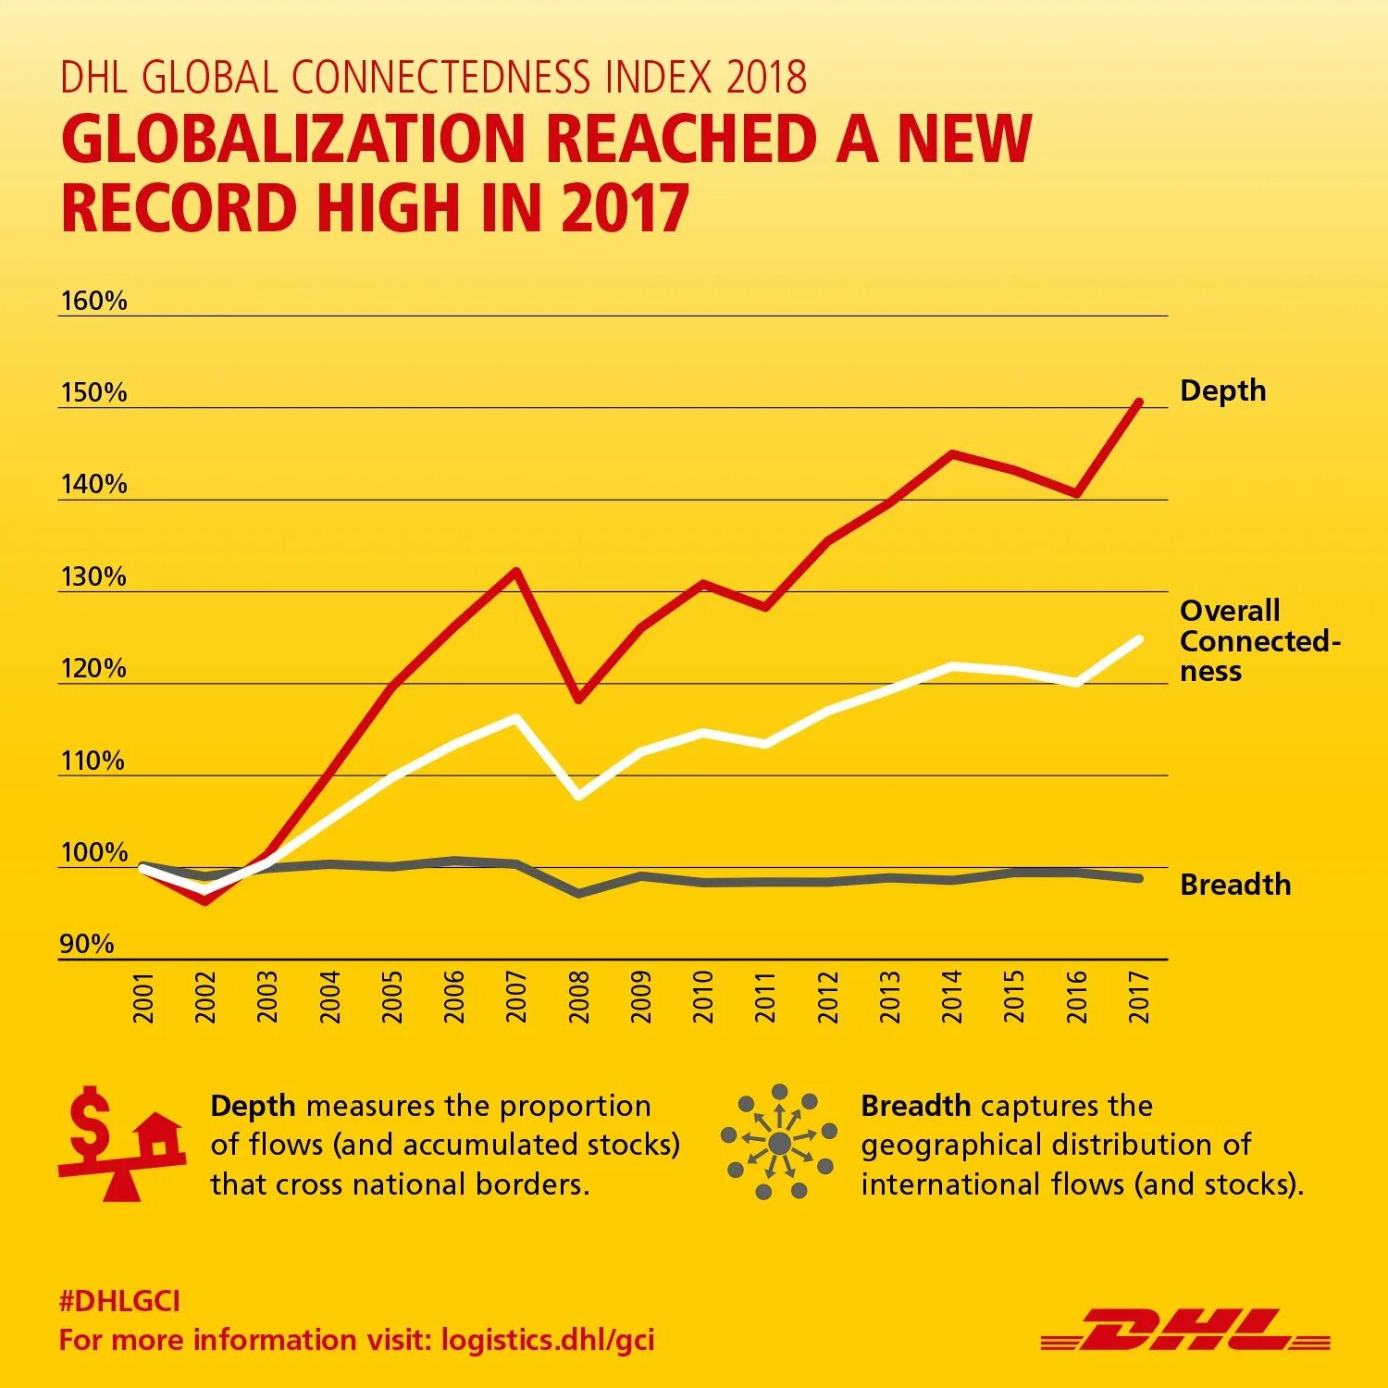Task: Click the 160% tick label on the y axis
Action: [x=93, y=301]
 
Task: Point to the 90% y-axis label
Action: [x=87, y=944]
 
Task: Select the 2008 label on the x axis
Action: [x=579, y=997]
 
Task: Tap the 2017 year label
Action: [x=1139, y=997]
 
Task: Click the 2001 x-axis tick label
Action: [x=143, y=997]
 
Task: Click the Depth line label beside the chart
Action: [x=1222, y=390]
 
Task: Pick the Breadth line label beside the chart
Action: [x=1234, y=885]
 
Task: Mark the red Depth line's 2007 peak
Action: [x=516, y=571]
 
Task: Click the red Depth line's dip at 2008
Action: [x=578, y=700]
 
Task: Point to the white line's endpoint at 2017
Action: [x=1139, y=639]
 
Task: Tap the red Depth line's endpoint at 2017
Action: [x=1139, y=403]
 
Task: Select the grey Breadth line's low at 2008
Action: [x=578, y=894]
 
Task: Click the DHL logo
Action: [x=1185, y=1330]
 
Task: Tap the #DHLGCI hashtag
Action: [x=119, y=1301]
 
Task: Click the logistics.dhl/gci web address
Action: [x=548, y=1340]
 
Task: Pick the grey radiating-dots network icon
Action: [x=779, y=1143]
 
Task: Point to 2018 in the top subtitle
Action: [x=766, y=77]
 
